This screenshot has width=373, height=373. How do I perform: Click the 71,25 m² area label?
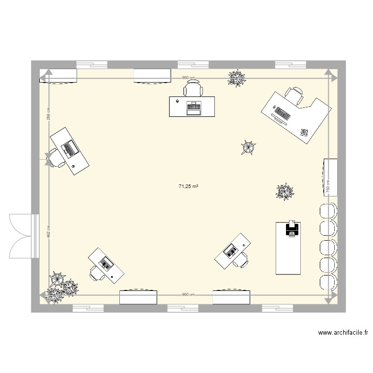[x=188, y=186]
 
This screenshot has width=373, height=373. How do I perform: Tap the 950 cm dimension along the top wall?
[x=188, y=78]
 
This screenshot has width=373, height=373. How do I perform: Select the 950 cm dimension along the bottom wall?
[x=188, y=294]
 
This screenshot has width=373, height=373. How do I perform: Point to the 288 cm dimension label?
[x=48, y=114]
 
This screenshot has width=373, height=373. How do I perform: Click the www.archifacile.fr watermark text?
[x=343, y=333]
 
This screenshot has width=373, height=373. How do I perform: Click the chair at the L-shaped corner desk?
[x=294, y=95]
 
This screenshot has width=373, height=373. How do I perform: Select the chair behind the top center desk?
[x=193, y=90]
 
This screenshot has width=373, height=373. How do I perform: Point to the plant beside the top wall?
[x=237, y=78]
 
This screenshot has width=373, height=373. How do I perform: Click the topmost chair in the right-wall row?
[x=328, y=210]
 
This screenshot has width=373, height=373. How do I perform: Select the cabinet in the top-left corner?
[x=58, y=76]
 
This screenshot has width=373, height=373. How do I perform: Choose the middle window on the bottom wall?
[x=183, y=308]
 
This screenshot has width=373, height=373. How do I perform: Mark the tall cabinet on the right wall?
[x=331, y=177]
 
